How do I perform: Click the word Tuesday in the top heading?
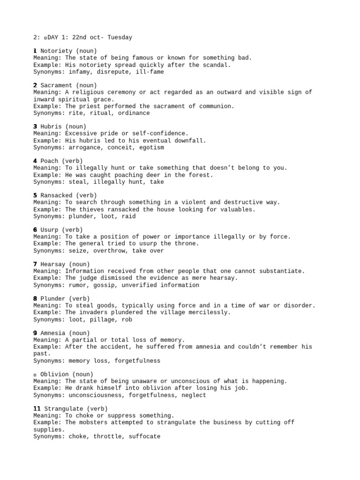120,37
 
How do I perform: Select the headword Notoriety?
56,51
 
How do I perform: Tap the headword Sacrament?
56,85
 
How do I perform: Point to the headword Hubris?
51,127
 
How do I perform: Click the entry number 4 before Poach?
35,161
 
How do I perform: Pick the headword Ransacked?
56,195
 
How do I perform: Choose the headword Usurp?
49,230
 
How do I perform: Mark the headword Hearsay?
53,264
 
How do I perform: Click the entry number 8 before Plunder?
35,299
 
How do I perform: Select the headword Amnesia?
53,333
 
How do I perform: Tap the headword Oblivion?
54,375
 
